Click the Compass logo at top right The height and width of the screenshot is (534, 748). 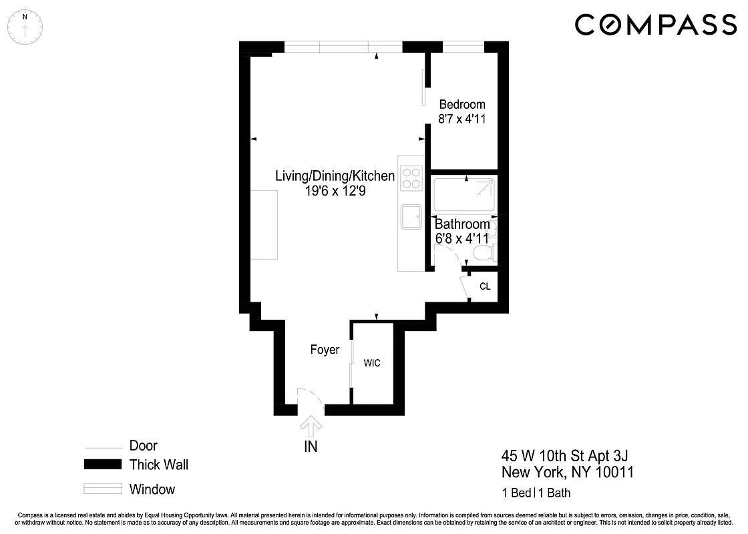click(655, 25)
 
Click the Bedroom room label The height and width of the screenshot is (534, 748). click(461, 105)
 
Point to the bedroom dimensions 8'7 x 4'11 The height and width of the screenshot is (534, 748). click(461, 120)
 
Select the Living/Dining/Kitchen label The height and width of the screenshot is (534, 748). click(335, 176)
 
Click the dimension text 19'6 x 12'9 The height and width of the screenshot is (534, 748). click(335, 191)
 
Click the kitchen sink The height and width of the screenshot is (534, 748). click(411, 217)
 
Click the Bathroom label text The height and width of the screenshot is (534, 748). click(462, 225)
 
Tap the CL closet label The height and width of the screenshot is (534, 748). click(485, 287)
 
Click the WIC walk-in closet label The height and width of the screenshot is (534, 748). click(372, 363)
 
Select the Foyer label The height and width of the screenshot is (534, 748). click(325, 350)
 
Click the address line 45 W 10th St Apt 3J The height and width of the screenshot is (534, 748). click(564, 456)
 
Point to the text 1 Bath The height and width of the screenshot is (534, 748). click(554, 494)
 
